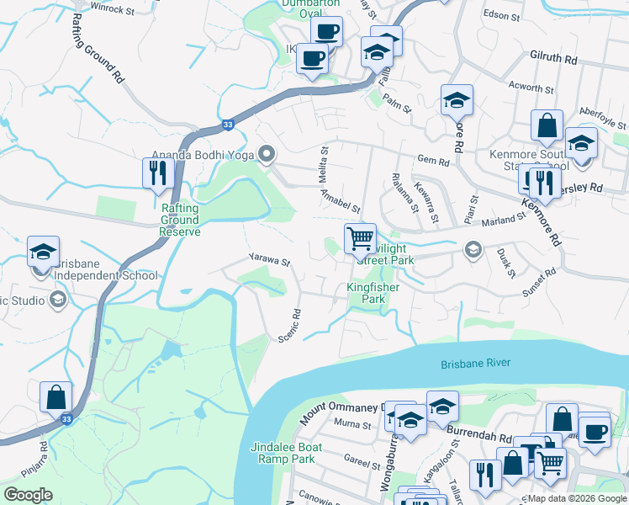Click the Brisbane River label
476,364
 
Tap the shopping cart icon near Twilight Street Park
360,238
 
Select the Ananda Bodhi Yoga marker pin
267,153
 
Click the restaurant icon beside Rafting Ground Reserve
158,173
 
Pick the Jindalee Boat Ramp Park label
282,453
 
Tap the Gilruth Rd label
553,60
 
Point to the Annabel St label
341,200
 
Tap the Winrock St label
114,10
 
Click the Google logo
29,495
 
